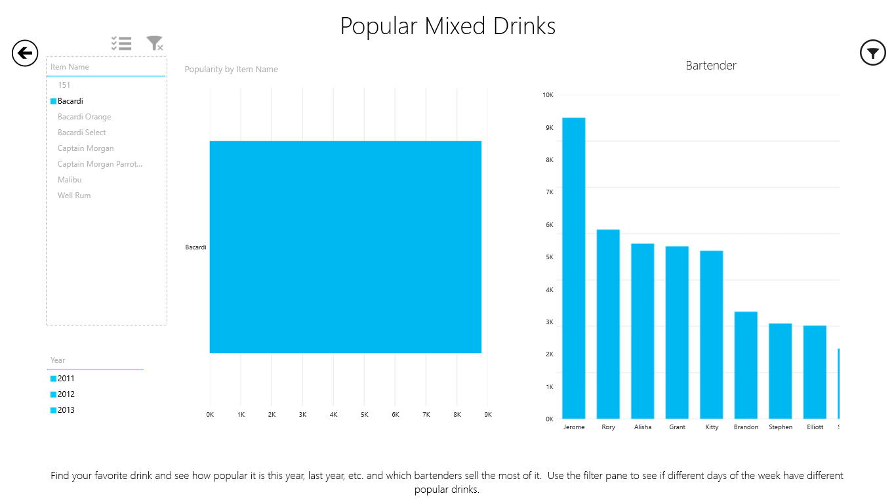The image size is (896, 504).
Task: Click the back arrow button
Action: click(x=25, y=52)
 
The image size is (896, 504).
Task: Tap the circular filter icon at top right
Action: click(x=872, y=52)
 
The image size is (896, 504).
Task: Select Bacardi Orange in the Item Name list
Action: click(x=84, y=117)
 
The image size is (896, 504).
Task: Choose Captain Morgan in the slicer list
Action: click(x=85, y=148)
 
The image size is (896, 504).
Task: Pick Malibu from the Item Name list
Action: click(x=70, y=180)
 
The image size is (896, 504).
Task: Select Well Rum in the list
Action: click(x=74, y=196)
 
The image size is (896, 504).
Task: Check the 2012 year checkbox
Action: click(x=53, y=394)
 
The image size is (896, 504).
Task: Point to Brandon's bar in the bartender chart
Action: click(x=746, y=365)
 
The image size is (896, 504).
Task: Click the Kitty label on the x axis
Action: click(x=712, y=427)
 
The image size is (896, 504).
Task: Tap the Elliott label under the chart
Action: click(x=815, y=427)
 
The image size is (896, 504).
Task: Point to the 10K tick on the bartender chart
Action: click(x=548, y=95)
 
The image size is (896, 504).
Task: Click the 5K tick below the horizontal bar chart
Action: click(x=364, y=415)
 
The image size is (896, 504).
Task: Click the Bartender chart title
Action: click(x=711, y=66)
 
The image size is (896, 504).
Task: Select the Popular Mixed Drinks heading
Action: click(x=448, y=26)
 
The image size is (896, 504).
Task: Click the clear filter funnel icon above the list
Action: click(x=154, y=43)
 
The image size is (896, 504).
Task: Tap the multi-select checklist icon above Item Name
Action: click(x=121, y=43)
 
